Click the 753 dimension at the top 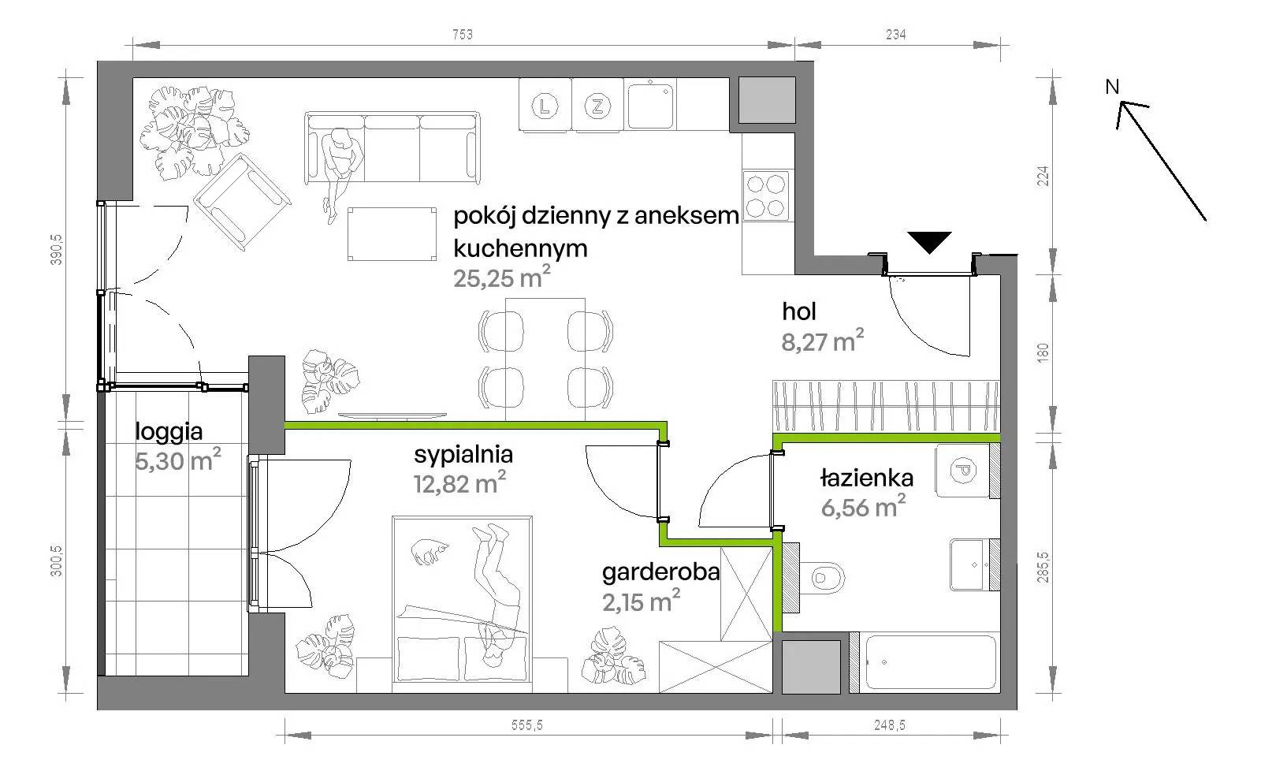[x=462, y=35]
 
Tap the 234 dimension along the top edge [x=895, y=35]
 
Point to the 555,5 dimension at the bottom [x=527, y=725]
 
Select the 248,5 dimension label [x=890, y=725]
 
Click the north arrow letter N [x=1112, y=88]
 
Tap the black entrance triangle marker [x=929, y=242]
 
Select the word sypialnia [x=463, y=455]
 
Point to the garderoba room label [x=661, y=572]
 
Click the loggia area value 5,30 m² [x=178, y=460]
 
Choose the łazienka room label [x=867, y=479]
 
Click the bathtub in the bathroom [x=931, y=662]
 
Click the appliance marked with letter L [x=545, y=106]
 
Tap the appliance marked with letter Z [x=597, y=106]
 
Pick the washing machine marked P [x=962, y=470]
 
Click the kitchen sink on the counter [x=651, y=106]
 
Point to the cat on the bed [x=430, y=551]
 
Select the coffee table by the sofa [x=392, y=233]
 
